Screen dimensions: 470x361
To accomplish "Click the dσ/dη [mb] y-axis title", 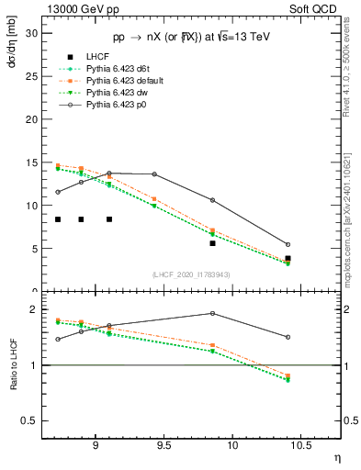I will click(x=13, y=50).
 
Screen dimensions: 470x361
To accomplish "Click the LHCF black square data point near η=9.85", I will click(x=212, y=243).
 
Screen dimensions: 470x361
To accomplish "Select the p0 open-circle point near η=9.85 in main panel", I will click(x=212, y=200).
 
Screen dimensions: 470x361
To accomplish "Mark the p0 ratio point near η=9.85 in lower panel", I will click(x=212, y=313).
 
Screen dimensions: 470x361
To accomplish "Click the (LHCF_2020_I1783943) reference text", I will click(x=191, y=274).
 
